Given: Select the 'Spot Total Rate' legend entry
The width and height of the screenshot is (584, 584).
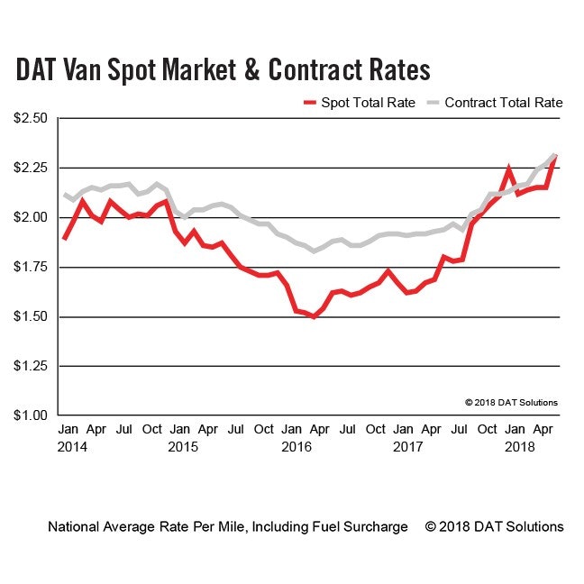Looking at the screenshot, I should click(x=369, y=103).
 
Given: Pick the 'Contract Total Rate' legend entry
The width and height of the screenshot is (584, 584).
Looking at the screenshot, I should click(x=504, y=103).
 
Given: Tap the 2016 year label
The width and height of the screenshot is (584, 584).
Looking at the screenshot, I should click(x=297, y=446).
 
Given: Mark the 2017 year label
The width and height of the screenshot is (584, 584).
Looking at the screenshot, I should click(x=409, y=446).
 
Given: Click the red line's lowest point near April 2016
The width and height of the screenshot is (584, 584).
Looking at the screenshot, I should click(x=314, y=317).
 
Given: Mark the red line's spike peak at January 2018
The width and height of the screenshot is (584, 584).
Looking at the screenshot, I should click(x=509, y=169).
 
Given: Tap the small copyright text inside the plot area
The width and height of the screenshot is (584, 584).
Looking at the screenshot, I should click(x=511, y=402).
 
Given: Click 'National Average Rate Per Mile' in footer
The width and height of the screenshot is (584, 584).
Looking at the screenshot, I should click(x=145, y=526).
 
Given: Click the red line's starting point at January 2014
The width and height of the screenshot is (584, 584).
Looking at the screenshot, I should click(x=64, y=239).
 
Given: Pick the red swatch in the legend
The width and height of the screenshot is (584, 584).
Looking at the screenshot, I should click(x=309, y=103).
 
